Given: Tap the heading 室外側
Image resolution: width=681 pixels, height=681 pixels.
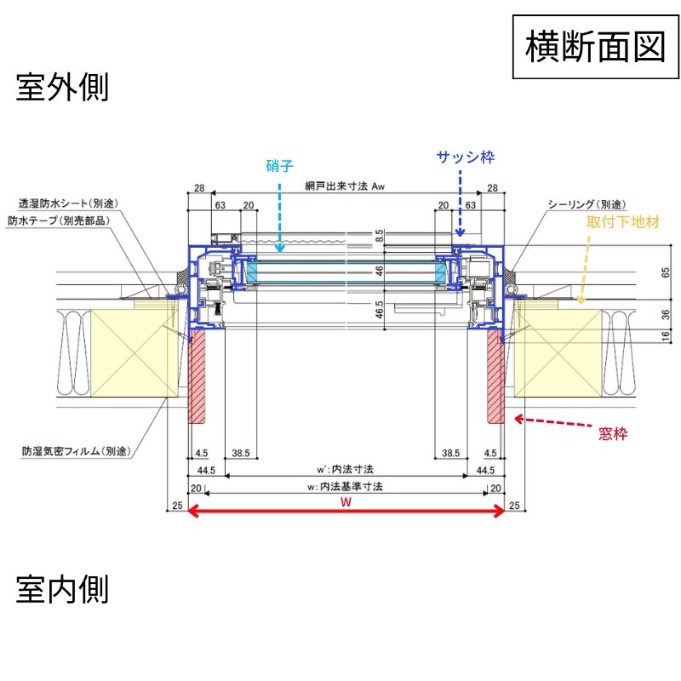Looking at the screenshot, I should click(x=62, y=88).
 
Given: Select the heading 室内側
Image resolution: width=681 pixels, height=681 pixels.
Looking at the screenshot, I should click(x=62, y=588).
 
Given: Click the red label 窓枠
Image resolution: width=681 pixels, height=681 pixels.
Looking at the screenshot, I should click(x=613, y=434).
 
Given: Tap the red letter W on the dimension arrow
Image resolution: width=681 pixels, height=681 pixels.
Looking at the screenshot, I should click(x=346, y=502).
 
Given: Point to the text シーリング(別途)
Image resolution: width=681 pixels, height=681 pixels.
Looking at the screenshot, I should click(x=587, y=204).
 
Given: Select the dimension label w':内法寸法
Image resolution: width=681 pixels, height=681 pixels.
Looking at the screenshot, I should click(x=346, y=469).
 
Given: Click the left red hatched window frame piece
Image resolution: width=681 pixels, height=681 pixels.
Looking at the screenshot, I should click(x=197, y=378).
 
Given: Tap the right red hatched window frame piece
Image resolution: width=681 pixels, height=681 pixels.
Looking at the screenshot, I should click(x=495, y=378).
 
